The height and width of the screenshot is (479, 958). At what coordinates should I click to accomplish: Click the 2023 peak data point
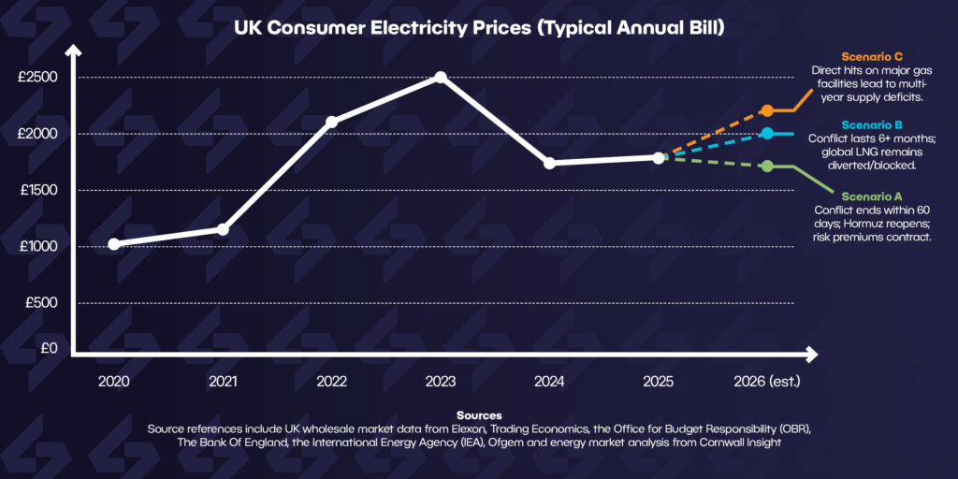pos(441,78)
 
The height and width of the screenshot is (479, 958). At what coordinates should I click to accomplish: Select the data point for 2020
pos(113,244)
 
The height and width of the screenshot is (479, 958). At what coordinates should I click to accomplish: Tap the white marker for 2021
pos(223,229)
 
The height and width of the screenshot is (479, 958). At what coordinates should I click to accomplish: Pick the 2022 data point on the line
pos(332,122)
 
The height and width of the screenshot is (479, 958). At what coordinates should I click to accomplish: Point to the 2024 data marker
pos(549,163)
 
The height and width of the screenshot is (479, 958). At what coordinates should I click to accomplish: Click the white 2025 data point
pos(658,157)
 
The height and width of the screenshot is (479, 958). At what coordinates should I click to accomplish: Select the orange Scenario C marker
pos(767,110)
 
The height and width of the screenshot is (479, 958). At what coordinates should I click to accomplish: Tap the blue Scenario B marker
pos(767,133)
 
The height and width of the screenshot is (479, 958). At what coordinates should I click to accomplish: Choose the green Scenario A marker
pos(767,167)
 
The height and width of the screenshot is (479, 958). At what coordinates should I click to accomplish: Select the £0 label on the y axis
pos(50,348)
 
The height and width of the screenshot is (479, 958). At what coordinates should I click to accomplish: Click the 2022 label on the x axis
pos(332,382)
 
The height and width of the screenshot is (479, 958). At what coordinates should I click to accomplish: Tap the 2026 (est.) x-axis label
pos(767,382)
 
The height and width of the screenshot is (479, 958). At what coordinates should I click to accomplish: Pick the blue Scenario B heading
pos(872,125)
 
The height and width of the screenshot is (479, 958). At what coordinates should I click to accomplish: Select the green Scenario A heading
pos(872,196)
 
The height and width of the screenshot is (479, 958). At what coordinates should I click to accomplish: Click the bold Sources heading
pos(479,415)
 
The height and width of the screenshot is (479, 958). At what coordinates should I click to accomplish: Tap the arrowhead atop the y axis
pos(74,51)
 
